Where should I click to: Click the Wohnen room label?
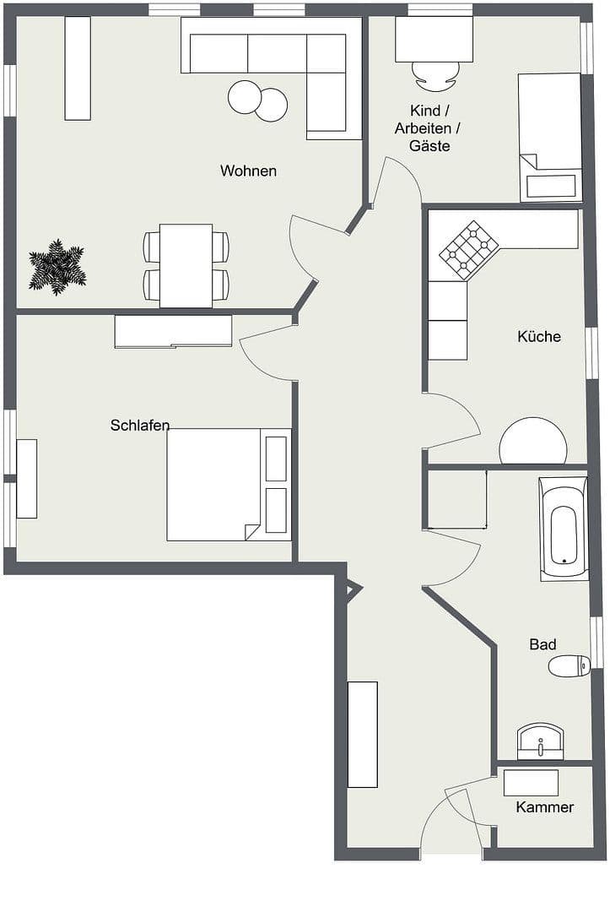pos(248,171)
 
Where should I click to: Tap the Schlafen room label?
pos(140,426)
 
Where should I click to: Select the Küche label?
pos(539,336)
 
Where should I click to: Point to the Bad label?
pos(543,644)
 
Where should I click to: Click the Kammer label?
pos(545,807)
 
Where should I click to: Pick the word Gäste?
pos(429,146)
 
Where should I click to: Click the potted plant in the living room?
pos(57,267)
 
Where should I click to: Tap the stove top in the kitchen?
pos(468,250)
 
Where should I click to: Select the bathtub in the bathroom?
pos(563,529)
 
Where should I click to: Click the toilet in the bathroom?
pos(568,666)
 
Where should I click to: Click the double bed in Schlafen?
pos(215,485)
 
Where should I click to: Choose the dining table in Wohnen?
pos(186,265)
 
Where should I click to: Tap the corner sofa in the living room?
pos(278,59)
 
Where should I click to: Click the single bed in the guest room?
pos(549,135)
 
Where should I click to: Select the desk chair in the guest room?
pos(436,76)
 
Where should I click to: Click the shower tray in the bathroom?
pos(456,500)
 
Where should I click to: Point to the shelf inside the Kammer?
pos(531,783)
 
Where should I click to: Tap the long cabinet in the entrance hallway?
pos(363,734)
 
